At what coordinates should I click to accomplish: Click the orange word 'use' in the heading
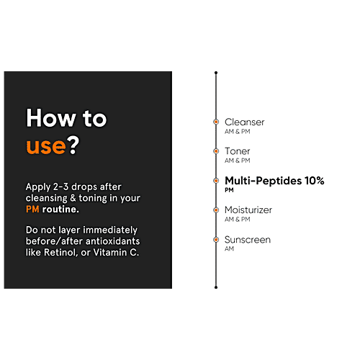(x=46, y=146)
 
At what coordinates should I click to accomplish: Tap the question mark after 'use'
(x=73, y=145)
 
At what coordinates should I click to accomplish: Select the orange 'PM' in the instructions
(x=32, y=210)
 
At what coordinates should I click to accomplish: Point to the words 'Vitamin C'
(x=116, y=252)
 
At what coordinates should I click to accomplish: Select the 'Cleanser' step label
(x=244, y=122)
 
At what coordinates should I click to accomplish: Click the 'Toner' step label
(x=237, y=151)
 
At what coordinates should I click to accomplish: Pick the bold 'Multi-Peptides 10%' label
(x=274, y=181)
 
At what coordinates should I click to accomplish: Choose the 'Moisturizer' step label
(x=248, y=210)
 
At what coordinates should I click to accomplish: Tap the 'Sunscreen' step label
(x=248, y=240)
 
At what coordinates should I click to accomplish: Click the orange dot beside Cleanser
(x=216, y=122)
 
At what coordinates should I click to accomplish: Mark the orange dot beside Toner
(x=216, y=151)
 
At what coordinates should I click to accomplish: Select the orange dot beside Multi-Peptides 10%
(x=216, y=181)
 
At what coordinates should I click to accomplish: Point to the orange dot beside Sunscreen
(x=216, y=240)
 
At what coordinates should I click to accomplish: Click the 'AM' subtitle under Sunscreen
(x=229, y=248)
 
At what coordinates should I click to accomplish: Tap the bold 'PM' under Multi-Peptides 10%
(x=229, y=190)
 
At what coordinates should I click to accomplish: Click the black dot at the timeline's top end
(x=216, y=73)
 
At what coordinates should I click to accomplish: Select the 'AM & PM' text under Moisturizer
(x=237, y=219)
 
